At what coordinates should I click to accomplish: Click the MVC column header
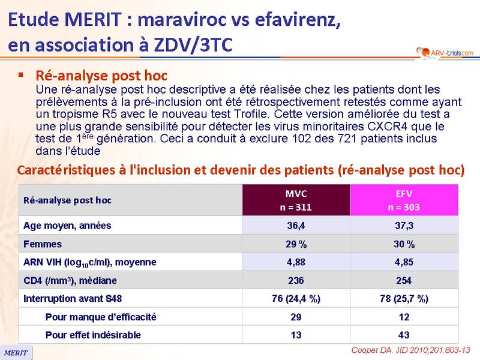click(x=296, y=200)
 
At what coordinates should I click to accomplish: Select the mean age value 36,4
click(x=296, y=226)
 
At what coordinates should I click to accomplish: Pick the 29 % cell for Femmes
click(x=296, y=244)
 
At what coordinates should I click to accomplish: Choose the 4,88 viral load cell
click(x=296, y=262)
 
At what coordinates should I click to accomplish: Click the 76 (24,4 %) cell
click(x=296, y=299)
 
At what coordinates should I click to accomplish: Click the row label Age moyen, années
click(x=67, y=226)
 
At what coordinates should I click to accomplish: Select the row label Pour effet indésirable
click(x=93, y=335)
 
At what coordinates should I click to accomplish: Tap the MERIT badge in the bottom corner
click(x=16, y=353)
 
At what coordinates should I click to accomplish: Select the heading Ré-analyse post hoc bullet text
click(x=101, y=76)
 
